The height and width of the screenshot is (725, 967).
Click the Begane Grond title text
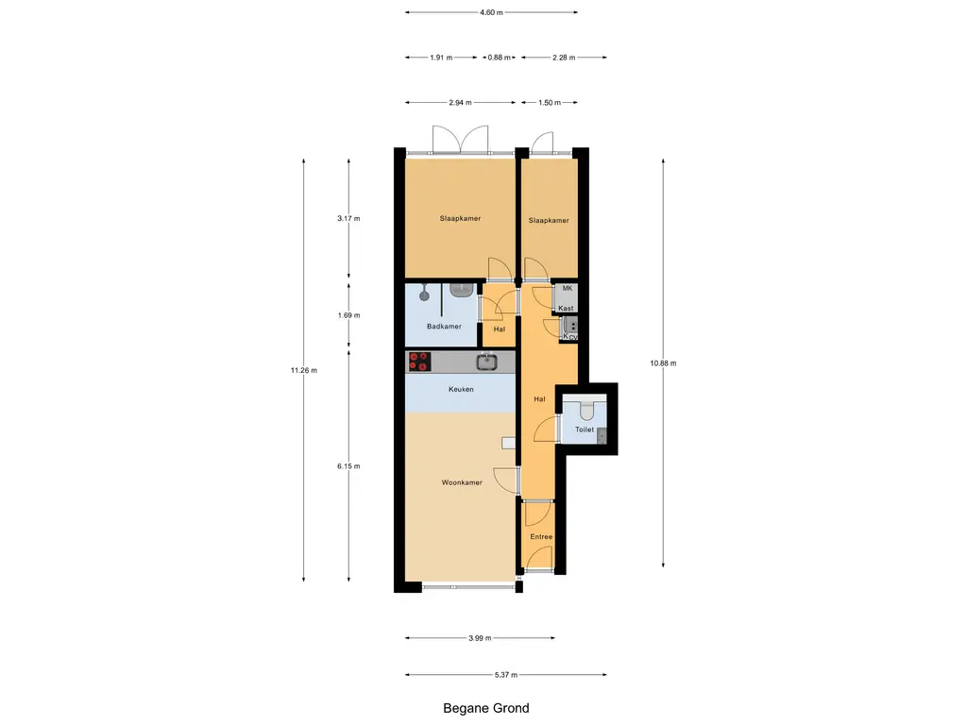click(x=486, y=708)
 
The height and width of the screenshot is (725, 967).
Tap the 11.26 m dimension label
click(x=304, y=370)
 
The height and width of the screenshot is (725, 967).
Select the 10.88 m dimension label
click(x=663, y=363)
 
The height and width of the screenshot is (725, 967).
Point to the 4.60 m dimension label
click(x=491, y=12)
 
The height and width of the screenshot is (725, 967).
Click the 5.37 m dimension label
click(x=506, y=675)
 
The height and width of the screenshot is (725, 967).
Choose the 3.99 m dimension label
click(x=480, y=638)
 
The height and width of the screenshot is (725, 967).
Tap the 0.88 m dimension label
click(x=499, y=58)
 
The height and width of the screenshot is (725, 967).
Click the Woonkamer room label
click(x=462, y=482)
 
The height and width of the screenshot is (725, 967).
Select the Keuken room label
click(x=461, y=389)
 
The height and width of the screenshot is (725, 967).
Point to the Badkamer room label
click(x=444, y=326)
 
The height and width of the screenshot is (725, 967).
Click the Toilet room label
click(x=585, y=430)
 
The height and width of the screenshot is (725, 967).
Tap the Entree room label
click(x=541, y=537)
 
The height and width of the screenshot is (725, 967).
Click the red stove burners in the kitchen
click(x=419, y=362)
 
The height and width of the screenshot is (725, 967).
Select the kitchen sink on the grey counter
click(x=486, y=362)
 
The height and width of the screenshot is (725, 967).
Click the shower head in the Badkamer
click(x=424, y=295)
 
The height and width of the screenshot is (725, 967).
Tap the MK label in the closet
click(x=568, y=288)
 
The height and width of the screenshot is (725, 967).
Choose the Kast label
click(x=567, y=309)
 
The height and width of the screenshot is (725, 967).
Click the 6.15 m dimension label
click(x=348, y=466)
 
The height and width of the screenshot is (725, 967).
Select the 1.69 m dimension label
click(x=348, y=315)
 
